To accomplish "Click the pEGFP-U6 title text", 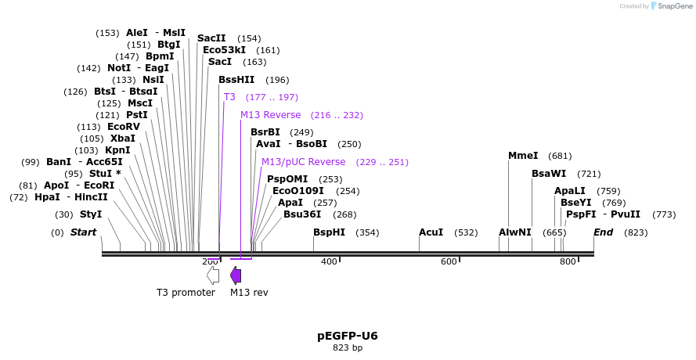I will click(348, 336).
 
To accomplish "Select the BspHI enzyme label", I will click(329, 232).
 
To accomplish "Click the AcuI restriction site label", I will click(431, 232).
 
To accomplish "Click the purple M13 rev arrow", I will click(236, 275).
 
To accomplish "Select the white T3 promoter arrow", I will click(213, 275).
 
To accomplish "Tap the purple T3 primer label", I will click(229, 97).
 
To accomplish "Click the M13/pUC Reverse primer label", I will click(303, 162).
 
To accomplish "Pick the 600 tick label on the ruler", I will click(449, 261).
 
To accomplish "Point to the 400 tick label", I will click(329, 261).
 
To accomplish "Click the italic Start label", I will click(83, 232).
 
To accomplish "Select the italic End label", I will click(604, 232).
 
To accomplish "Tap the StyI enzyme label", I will click(91, 214).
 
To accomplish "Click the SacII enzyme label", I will click(211, 38).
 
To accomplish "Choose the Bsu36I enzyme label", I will click(302, 214).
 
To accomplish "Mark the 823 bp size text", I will click(348, 347).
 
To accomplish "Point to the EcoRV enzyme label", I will click(124, 127).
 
